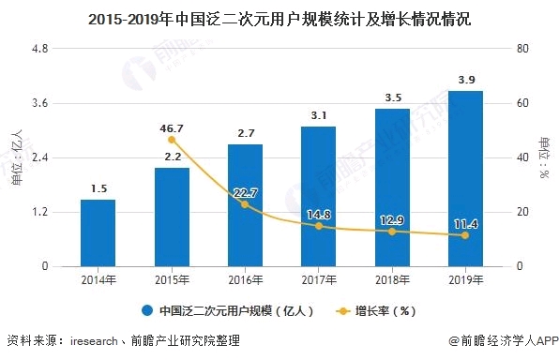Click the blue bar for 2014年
point(98,232)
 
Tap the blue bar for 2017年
point(318,196)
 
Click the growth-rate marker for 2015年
point(172,140)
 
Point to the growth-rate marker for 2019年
point(464,235)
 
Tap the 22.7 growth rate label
point(246,193)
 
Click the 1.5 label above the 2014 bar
point(98,188)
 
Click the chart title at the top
point(279,16)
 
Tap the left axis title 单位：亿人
point(16,157)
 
